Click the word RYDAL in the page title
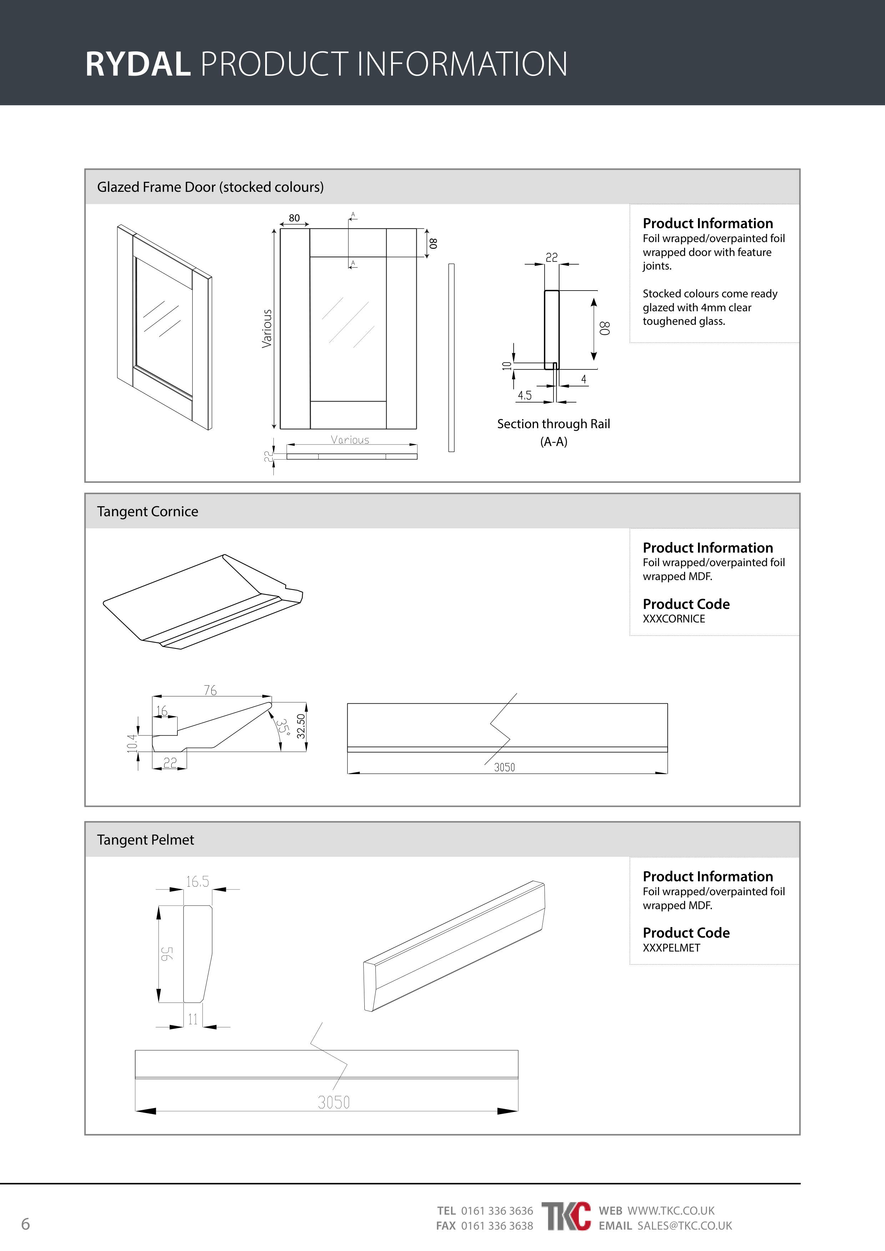point(138,64)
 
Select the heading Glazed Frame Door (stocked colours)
point(211,187)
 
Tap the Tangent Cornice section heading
point(148,512)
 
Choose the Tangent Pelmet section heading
point(146,840)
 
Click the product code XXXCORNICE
point(674,619)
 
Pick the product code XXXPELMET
point(671,948)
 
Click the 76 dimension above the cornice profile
point(210,690)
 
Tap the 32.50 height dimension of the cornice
point(300,726)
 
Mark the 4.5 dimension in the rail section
point(525,395)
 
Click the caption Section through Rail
point(553,424)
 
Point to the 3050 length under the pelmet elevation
point(334,1102)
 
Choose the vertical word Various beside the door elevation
point(267,329)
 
